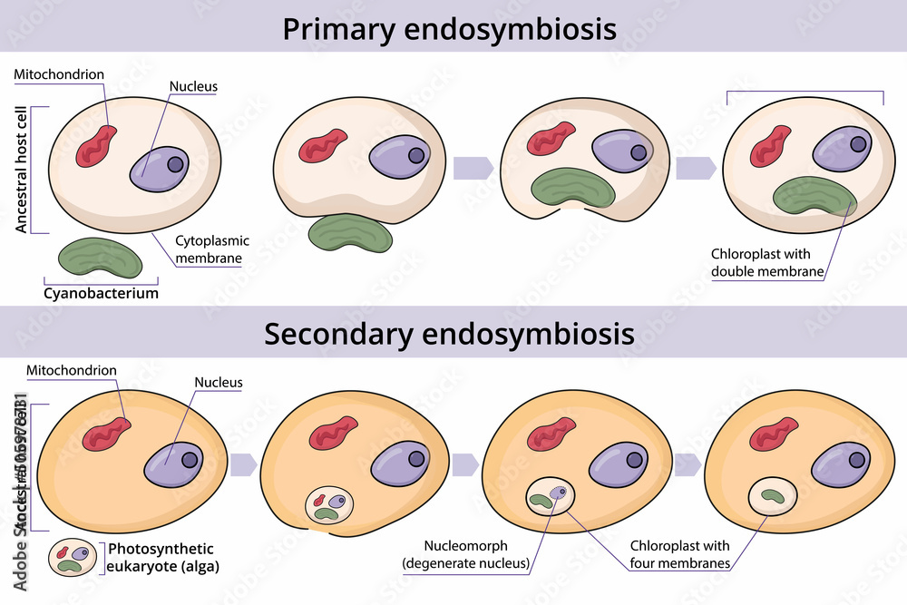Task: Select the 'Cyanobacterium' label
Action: [x=101, y=293]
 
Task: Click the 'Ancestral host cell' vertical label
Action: [x=22, y=169]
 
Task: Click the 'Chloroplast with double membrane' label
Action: [x=760, y=262]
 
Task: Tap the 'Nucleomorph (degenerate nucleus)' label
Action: [x=466, y=554]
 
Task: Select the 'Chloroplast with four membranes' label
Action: [x=679, y=554]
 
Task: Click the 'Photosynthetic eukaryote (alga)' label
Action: [x=161, y=557]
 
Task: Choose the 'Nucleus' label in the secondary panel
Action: [x=219, y=382]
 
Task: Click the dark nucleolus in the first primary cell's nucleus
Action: [x=175, y=164]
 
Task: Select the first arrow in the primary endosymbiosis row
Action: [x=473, y=168]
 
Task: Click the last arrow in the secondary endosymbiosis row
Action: [x=687, y=464]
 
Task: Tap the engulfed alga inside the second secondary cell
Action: [x=329, y=506]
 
